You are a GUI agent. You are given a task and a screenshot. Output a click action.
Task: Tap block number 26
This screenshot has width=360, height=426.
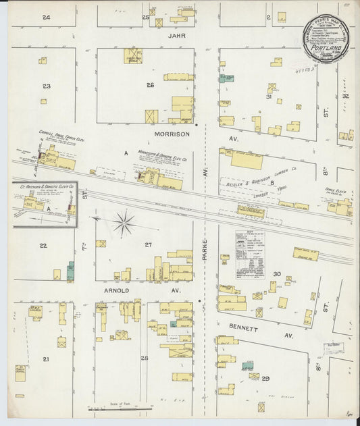(x=150, y=85)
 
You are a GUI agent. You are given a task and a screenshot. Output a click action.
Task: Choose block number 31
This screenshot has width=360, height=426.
(x=268, y=97)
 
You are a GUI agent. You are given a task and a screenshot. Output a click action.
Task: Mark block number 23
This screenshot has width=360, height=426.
(x=46, y=86)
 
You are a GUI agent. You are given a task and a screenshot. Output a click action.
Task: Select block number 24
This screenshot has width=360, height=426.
(x=46, y=16)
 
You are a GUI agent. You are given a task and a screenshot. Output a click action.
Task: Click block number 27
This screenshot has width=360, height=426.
(x=148, y=245)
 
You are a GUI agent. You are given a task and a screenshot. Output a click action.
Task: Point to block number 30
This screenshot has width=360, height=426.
(x=276, y=273)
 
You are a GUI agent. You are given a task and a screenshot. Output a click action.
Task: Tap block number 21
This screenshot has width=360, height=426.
(x=45, y=359)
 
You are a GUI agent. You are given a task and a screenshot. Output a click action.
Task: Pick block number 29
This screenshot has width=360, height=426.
(x=265, y=379)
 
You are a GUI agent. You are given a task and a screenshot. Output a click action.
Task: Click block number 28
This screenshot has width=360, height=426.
(x=144, y=358)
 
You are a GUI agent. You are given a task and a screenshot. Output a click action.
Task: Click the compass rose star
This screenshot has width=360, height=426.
(x=124, y=222)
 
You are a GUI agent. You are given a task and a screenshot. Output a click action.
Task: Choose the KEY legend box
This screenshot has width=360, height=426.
(x=249, y=255)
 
